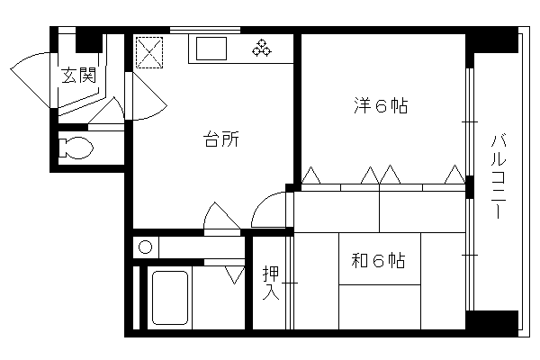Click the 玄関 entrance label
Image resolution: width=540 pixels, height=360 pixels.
tap(78, 76)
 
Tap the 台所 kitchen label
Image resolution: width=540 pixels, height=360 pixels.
tap(221, 139)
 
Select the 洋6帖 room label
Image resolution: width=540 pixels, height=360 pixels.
tap(381, 106)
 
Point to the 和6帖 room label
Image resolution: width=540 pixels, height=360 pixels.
tap(378, 260)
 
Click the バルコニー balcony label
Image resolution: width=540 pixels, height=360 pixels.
tap(498, 176)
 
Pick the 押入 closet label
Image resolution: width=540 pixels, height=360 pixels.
tap(271, 283)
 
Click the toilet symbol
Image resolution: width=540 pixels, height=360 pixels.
tap(76, 148)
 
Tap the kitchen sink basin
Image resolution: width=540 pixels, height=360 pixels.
tap(211, 49)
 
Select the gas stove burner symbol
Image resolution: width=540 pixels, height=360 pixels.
tap(262, 48)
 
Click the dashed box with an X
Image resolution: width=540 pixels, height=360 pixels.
tap(149, 52)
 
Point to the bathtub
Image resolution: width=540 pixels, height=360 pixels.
tap(170, 298)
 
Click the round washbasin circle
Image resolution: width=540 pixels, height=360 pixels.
tap(145, 247)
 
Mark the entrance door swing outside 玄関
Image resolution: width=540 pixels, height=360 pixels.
tap(31, 79)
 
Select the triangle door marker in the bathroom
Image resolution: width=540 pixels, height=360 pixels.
tap(235, 274)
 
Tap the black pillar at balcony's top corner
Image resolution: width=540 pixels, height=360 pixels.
tap(491, 40)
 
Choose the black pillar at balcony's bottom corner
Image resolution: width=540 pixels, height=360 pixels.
tap(491, 323)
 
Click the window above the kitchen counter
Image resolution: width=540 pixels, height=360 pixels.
tap(205, 31)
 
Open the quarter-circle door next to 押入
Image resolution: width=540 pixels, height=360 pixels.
tap(268, 210)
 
